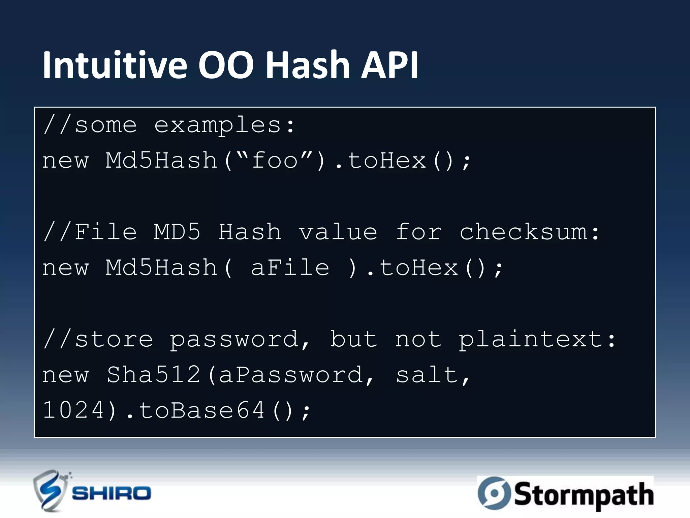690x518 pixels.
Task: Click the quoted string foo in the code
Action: coord(275,161)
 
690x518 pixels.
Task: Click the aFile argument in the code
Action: coord(290,268)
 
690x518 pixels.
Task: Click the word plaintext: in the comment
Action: coord(537,340)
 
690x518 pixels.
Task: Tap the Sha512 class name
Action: coord(154,375)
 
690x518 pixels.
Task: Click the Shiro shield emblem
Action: coord(51,491)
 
